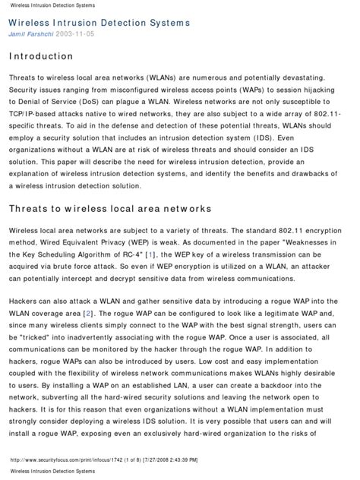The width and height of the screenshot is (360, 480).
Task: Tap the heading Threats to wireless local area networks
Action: (109, 208)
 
